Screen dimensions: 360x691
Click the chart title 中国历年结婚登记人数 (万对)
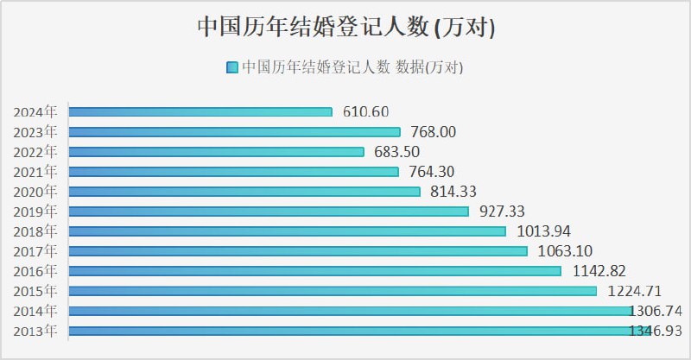point(345,27)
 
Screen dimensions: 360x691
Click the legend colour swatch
point(232,67)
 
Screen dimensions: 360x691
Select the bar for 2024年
point(200,111)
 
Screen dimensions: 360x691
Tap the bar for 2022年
point(216,152)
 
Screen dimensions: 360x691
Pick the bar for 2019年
point(269,212)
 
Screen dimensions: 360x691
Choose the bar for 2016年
point(314,271)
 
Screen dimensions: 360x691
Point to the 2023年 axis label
point(35,132)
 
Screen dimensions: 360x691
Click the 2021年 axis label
point(35,172)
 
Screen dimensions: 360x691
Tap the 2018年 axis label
point(35,231)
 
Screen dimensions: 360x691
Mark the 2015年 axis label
point(35,291)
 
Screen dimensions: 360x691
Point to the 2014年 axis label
point(35,311)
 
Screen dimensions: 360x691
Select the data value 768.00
point(433,132)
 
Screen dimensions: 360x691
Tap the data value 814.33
point(453,192)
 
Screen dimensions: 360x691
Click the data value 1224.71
point(634,291)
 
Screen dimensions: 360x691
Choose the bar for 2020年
point(244,192)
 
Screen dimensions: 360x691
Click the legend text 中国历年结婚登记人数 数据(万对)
point(352,67)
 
